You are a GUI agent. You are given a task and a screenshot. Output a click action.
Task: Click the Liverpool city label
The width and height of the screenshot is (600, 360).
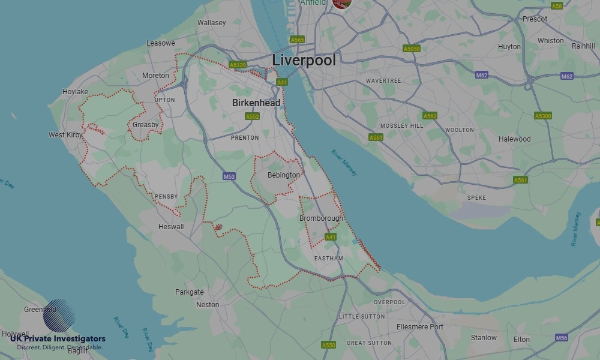pos(304,60)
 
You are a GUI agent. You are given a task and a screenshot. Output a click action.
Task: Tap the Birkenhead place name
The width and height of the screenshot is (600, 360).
pos(256,103)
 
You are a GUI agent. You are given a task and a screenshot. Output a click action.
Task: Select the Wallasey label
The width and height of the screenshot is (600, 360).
pos(212,23)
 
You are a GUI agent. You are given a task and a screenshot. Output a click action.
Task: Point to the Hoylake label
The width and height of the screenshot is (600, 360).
pos(75,92)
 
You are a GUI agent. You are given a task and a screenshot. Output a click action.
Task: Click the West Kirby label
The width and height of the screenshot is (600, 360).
pos(65,135)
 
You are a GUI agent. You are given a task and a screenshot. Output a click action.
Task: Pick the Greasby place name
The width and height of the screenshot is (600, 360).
pos(146,125)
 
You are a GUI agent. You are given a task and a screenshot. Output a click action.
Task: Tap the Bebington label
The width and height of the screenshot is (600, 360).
pos(284,175)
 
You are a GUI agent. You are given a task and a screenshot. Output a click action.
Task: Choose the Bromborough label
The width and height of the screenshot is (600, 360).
pos(322,218)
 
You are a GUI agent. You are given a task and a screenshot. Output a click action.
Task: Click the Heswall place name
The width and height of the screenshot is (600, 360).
pos(171,227)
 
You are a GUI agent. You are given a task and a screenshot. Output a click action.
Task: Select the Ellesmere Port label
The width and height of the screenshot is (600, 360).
pos(420,327)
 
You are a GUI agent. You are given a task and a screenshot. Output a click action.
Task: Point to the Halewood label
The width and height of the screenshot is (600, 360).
pos(515,139)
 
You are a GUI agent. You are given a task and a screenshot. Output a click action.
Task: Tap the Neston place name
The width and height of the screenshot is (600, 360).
pos(208,305)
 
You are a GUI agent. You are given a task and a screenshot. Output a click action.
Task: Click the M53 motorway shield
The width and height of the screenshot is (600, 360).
pos(229,176)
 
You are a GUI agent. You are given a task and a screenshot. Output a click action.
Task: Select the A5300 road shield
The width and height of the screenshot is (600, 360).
pos(542,116)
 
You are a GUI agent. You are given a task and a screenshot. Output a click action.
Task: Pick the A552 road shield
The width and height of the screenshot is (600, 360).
pos(253,116)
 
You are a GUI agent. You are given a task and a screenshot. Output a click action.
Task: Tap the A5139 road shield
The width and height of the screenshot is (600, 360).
pos(238,65)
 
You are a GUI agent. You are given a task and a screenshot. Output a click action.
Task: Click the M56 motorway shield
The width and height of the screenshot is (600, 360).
pos(562,338)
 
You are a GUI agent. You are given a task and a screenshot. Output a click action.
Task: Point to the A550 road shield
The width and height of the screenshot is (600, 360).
pos(329,345)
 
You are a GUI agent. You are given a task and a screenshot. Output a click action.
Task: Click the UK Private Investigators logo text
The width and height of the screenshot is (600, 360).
pos(58,339)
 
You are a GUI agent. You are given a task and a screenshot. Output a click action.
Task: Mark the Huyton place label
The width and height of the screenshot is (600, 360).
pos(509,47)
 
